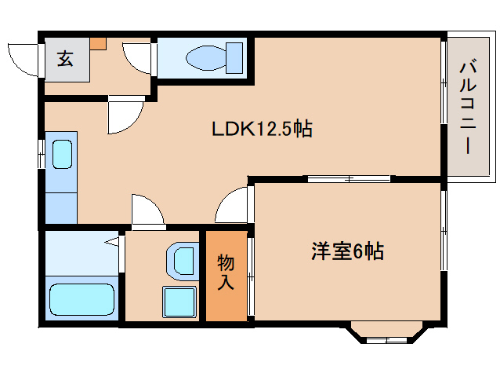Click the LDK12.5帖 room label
coord(262,129)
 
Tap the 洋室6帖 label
coord(347,251)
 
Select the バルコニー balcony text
coord(468,108)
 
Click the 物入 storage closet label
coord(226,272)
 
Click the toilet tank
coord(234,58)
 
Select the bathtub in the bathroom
coord(82,299)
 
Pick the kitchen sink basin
coord(62,154)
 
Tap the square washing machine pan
coord(179,302)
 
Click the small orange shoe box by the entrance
coord(98,43)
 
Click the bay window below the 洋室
coord(387,333)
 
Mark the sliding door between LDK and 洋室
coord(349,178)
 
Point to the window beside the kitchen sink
coord(41,154)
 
